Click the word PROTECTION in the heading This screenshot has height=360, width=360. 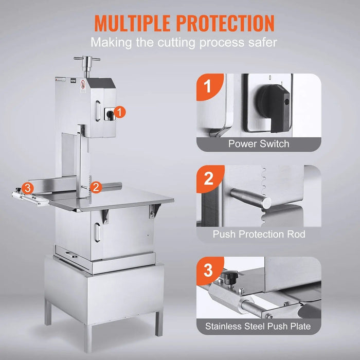coord(225,23)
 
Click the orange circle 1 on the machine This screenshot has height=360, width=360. coord(120,111)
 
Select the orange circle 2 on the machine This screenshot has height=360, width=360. coord(95,187)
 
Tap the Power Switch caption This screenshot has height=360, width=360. coord(259,144)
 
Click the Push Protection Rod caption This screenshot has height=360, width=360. coord(259,235)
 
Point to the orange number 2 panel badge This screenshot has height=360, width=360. coord(209,178)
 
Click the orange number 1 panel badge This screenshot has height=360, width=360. coord(209,87)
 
